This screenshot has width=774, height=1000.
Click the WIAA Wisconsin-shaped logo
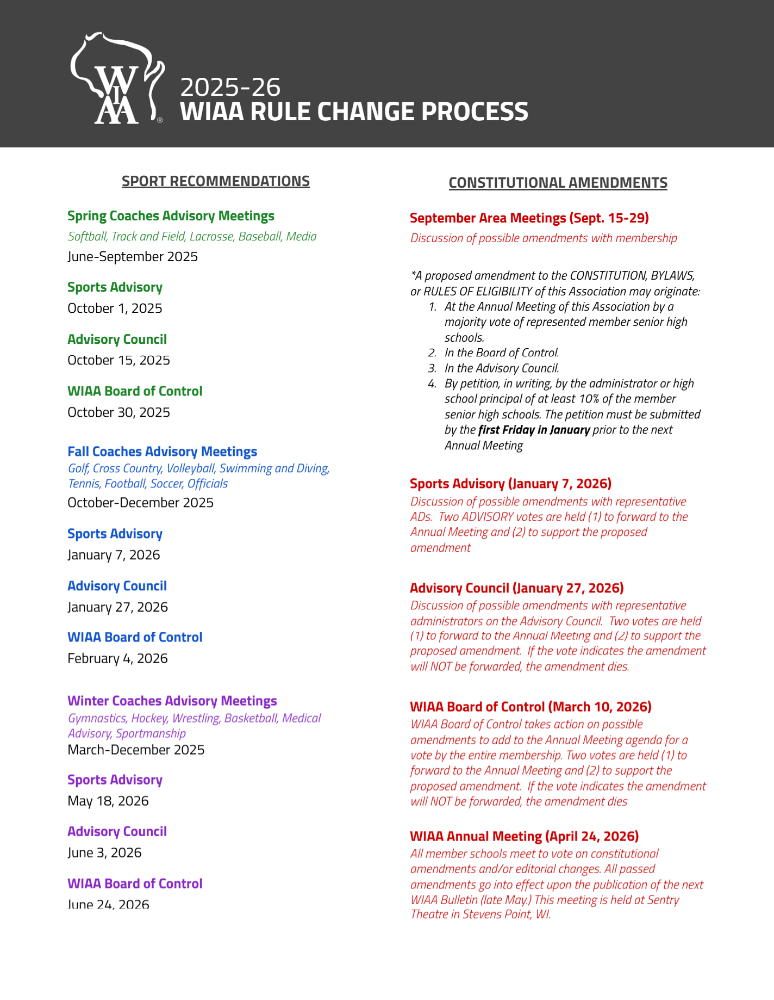pyautogui.click(x=117, y=79)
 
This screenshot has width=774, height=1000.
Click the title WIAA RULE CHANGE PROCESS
pyautogui.click(x=354, y=112)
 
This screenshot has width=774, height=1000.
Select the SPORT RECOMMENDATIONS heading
pyautogui.click(x=215, y=181)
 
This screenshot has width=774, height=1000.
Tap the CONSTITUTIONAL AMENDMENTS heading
pyautogui.click(x=558, y=183)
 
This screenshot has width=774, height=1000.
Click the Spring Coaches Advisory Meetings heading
pyautogui.click(x=171, y=216)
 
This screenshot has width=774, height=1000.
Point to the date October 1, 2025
pyautogui.click(x=115, y=308)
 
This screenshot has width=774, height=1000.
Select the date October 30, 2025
pyautogui.click(x=118, y=412)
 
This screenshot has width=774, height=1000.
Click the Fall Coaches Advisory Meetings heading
pyautogui.click(x=162, y=452)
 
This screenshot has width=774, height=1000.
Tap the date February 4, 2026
pyautogui.click(x=117, y=659)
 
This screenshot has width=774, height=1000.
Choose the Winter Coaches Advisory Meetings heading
pyautogui.click(x=172, y=701)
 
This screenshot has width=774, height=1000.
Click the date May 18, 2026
pyautogui.click(x=108, y=801)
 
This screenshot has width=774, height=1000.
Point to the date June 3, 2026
pyautogui.click(x=104, y=853)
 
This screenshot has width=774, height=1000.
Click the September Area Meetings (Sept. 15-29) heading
pyautogui.click(x=529, y=218)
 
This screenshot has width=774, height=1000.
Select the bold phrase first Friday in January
pyautogui.click(x=534, y=430)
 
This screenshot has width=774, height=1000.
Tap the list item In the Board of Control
pyautogui.click(x=501, y=353)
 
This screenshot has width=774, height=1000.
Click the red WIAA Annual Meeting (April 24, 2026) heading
pyautogui.click(x=524, y=836)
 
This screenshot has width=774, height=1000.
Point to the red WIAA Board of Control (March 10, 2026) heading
pyautogui.click(x=530, y=707)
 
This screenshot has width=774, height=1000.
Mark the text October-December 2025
pyautogui.click(x=140, y=503)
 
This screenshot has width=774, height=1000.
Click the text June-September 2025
pyautogui.click(x=133, y=257)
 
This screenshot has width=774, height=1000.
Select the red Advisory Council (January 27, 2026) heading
pyautogui.click(x=516, y=588)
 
